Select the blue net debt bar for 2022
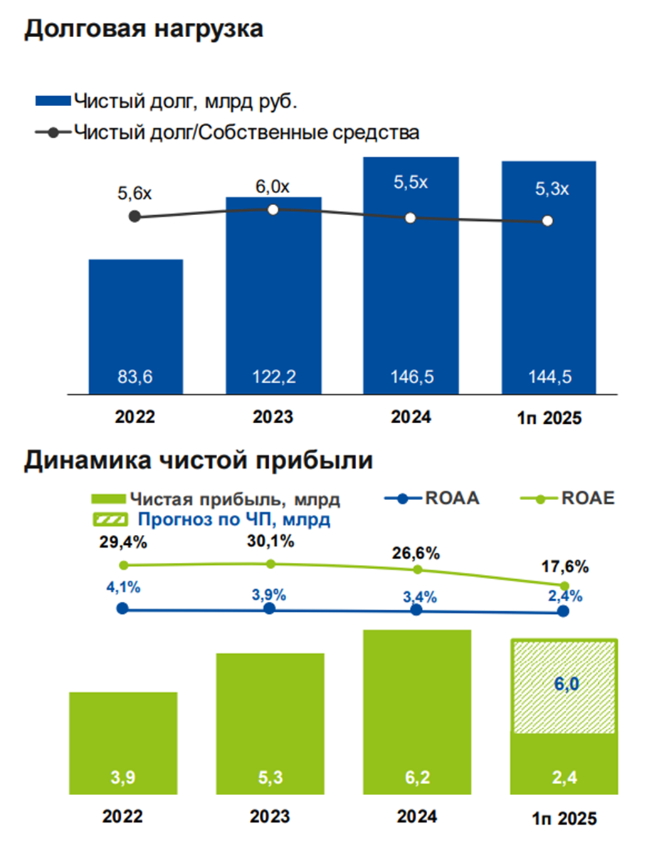point(135,325)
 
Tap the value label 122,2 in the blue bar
point(273,377)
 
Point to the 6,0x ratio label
point(273,187)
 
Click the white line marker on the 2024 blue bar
point(410,218)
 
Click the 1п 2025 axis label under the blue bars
point(549,418)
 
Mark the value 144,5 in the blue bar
point(548,377)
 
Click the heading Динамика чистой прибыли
point(199,460)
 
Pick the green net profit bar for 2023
point(270,722)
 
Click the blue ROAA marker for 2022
point(122,609)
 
